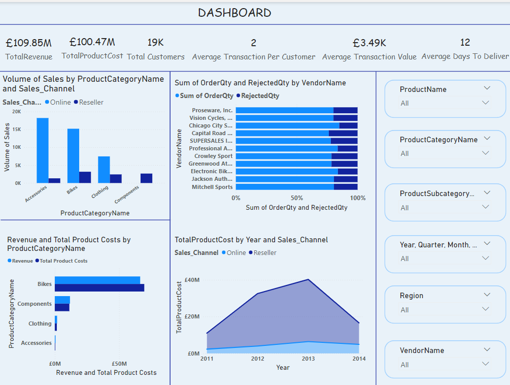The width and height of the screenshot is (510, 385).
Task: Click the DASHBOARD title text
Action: (x=234, y=13)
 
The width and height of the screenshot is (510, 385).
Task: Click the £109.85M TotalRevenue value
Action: (x=28, y=43)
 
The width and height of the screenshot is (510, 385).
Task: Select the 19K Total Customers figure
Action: (x=155, y=42)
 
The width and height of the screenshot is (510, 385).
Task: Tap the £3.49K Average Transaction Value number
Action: (x=369, y=43)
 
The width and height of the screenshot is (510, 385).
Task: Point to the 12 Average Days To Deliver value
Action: (x=465, y=42)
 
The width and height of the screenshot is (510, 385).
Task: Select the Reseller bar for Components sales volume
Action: (x=146, y=178)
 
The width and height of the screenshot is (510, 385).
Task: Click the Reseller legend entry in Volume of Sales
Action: (x=91, y=102)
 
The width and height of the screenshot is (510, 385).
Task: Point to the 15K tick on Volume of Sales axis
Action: (x=17, y=130)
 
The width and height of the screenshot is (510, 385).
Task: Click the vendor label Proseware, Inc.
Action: (x=212, y=110)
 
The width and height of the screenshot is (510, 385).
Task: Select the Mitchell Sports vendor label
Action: (x=212, y=187)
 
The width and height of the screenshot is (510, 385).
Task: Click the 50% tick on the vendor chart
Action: (x=297, y=198)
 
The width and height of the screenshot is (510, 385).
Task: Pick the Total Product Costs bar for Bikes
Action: (x=99, y=288)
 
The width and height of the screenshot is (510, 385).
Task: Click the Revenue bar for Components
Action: (x=62, y=300)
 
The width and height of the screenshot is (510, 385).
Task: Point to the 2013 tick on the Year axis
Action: (x=308, y=359)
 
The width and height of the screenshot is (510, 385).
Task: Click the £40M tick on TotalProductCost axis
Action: (x=192, y=280)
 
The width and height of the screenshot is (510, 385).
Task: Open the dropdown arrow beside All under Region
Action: (x=486, y=309)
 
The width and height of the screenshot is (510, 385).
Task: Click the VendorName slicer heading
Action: (x=422, y=350)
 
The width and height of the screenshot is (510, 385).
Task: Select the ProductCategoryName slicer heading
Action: (x=438, y=140)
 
